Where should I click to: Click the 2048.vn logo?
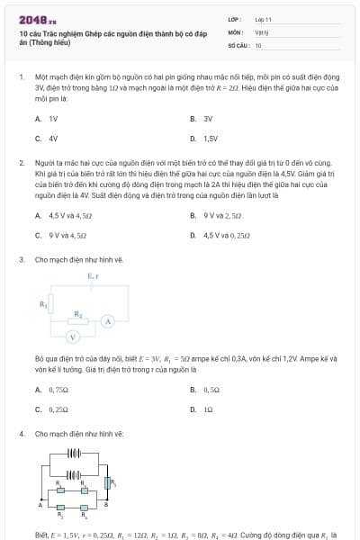38,20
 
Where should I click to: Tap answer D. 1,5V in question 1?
204,139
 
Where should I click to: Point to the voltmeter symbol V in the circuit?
76,337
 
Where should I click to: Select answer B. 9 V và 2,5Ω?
217,216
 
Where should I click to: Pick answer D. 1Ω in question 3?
202,409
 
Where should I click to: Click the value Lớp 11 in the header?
263,19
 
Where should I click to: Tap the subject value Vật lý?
262,31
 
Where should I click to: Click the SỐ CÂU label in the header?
238,44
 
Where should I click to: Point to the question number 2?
21,163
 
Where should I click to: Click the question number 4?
21,434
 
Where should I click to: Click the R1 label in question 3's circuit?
42,304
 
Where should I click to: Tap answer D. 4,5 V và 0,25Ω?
219,236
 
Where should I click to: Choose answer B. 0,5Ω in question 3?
206,390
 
